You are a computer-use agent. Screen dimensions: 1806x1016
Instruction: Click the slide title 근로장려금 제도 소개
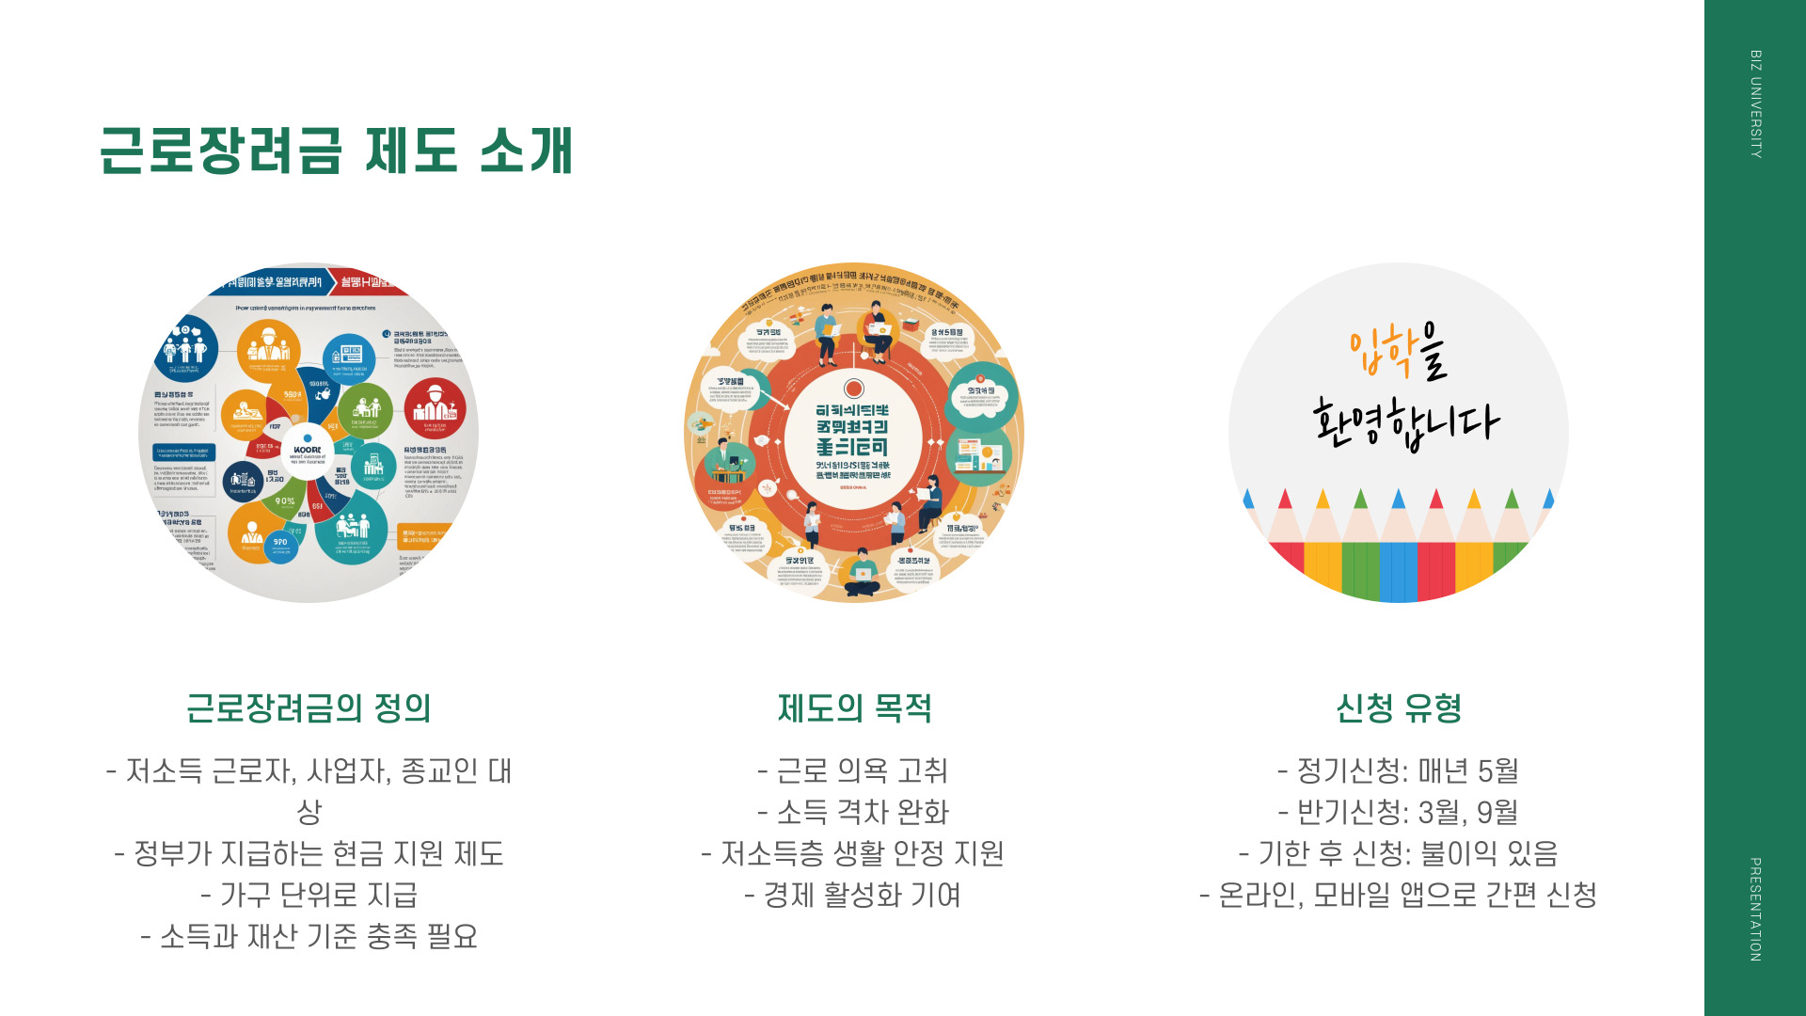click(x=336, y=151)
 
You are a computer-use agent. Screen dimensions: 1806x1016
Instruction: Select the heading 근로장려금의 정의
click(x=309, y=708)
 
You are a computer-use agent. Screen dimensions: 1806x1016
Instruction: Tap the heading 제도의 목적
click(x=854, y=708)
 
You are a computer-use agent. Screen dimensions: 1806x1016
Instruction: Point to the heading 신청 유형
click(x=1399, y=708)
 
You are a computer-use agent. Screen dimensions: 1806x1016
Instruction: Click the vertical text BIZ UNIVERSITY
click(x=1755, y=103)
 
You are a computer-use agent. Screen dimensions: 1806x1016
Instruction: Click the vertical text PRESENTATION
click(x=1755, y=909)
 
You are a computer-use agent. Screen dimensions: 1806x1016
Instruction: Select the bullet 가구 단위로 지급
click(x=309, y=895)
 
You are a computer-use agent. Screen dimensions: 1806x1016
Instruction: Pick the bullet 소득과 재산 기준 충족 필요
click(x=309, y=936)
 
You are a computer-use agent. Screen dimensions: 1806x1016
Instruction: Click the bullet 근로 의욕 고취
click(x=853, y=771)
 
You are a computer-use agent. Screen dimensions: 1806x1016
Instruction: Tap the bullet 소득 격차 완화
click(x=853, y=812)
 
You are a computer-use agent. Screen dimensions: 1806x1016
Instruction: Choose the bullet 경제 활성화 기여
click(x=853, y=895)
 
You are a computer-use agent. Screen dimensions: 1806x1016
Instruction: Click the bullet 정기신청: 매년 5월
click(x=1399, y=771)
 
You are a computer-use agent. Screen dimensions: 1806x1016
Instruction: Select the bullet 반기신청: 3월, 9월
click(x=1399, y=812)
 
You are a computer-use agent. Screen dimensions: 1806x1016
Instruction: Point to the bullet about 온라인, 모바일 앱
click(x=1399, y=895)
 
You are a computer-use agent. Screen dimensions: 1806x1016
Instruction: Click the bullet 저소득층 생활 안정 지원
click(x=853, y=853)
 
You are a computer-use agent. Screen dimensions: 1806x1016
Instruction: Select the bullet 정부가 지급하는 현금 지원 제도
click(x=309, y=853)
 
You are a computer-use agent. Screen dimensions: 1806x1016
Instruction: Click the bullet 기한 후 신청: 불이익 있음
click(x=1399, y=853)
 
